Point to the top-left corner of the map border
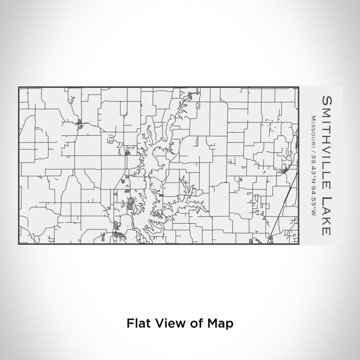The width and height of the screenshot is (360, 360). (x=19, y=87)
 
